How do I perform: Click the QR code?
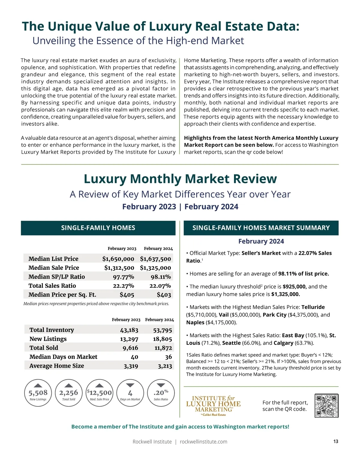326,405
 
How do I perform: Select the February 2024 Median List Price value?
155,259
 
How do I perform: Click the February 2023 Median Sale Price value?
119,268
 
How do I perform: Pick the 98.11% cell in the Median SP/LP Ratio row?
160,277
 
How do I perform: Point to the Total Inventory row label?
52,330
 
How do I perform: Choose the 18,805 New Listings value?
162,339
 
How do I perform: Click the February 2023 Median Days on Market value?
134,357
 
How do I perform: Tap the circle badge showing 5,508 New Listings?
38,393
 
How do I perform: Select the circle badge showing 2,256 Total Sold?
69,393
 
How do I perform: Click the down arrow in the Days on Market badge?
130,385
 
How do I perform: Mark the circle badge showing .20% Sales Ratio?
161,393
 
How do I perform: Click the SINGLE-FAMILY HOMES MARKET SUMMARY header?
261,228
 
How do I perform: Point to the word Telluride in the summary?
313,307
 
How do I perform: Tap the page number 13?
336,441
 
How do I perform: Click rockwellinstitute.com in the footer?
203,442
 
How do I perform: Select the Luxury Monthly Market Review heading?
180,179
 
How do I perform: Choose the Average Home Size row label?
57,366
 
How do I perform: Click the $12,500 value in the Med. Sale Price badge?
100,393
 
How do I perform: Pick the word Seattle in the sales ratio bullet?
231,343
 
